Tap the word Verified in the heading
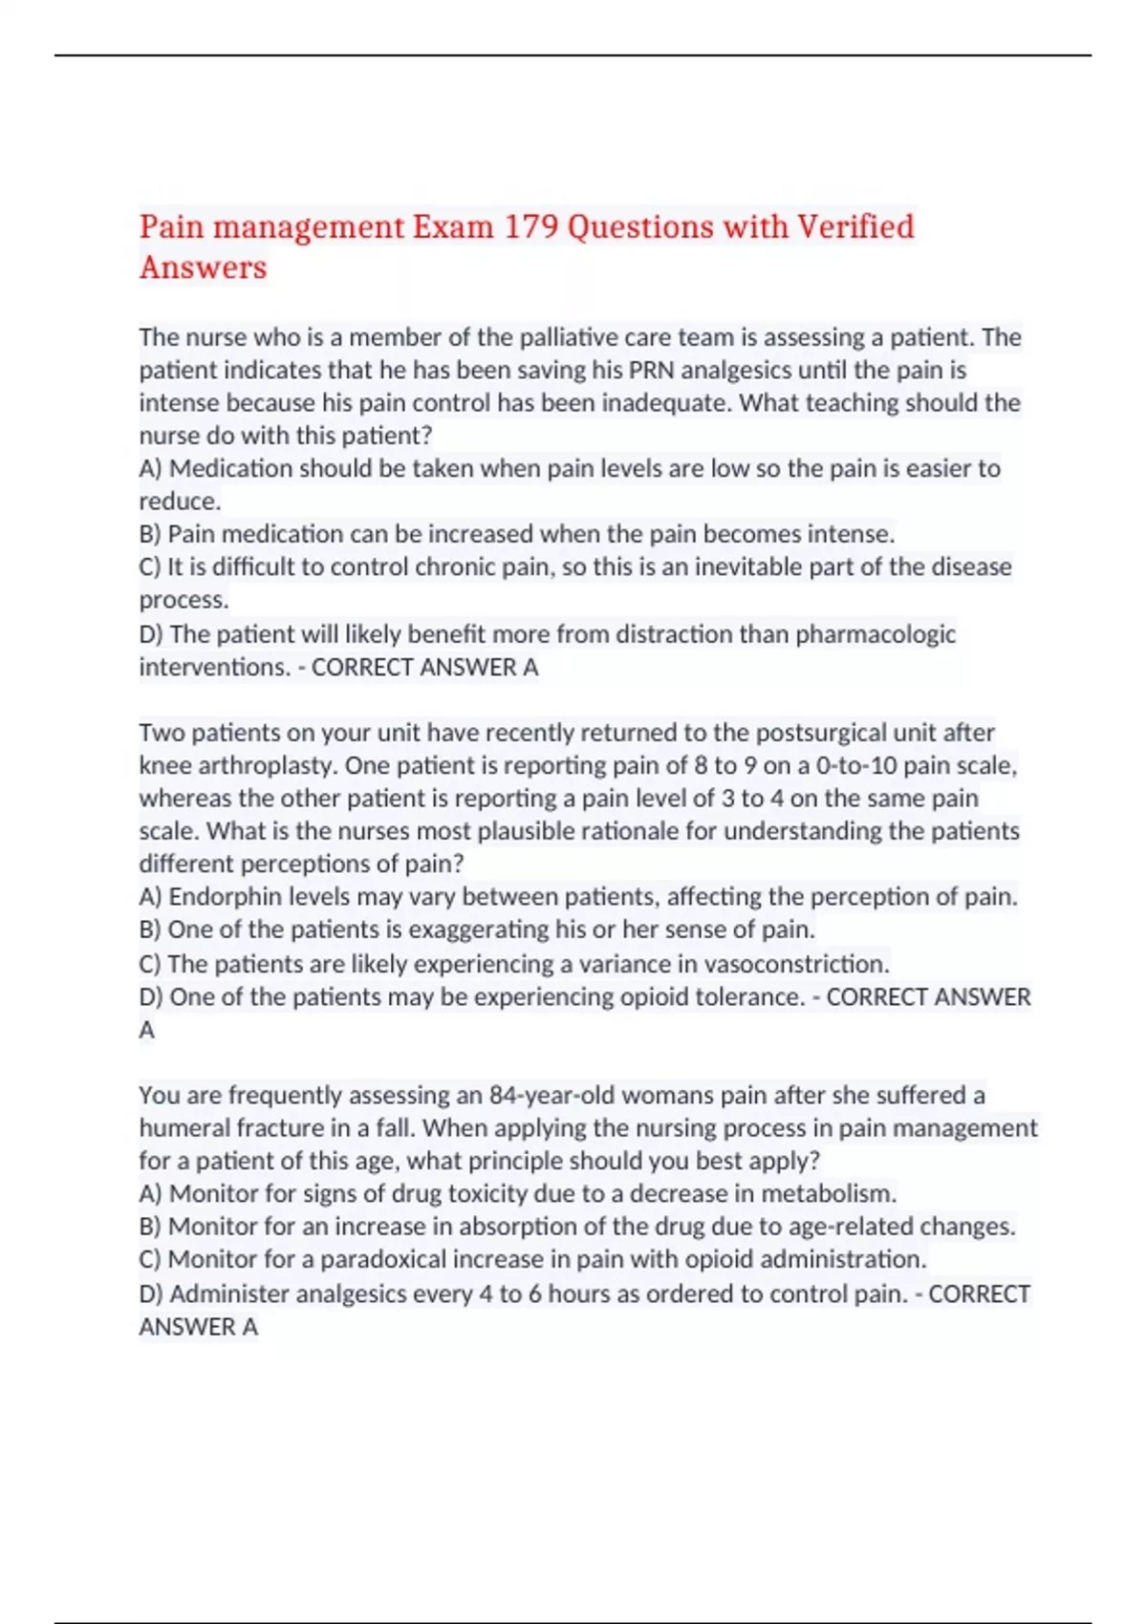(x=855, y=227)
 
